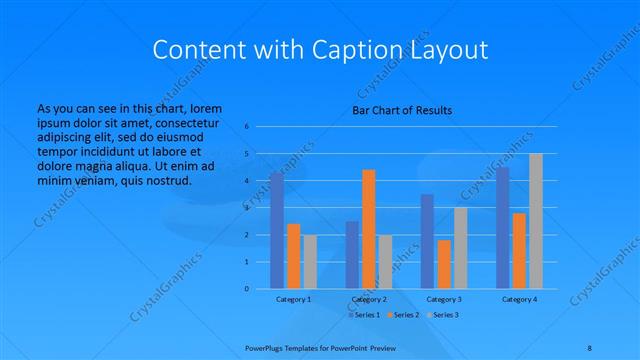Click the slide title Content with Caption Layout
(320, 49)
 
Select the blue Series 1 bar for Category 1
(276, 230)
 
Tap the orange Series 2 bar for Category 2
(368, 229)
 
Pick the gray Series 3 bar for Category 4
(535, 221)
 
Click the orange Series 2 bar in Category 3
(443, 264)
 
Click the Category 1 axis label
(293, 299)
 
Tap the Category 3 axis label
(443, 299)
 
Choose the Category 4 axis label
(518, 299)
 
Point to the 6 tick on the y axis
(247, 127)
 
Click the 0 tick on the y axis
(247, 289)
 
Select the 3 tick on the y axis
(247, 208)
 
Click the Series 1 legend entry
(366, 315)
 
